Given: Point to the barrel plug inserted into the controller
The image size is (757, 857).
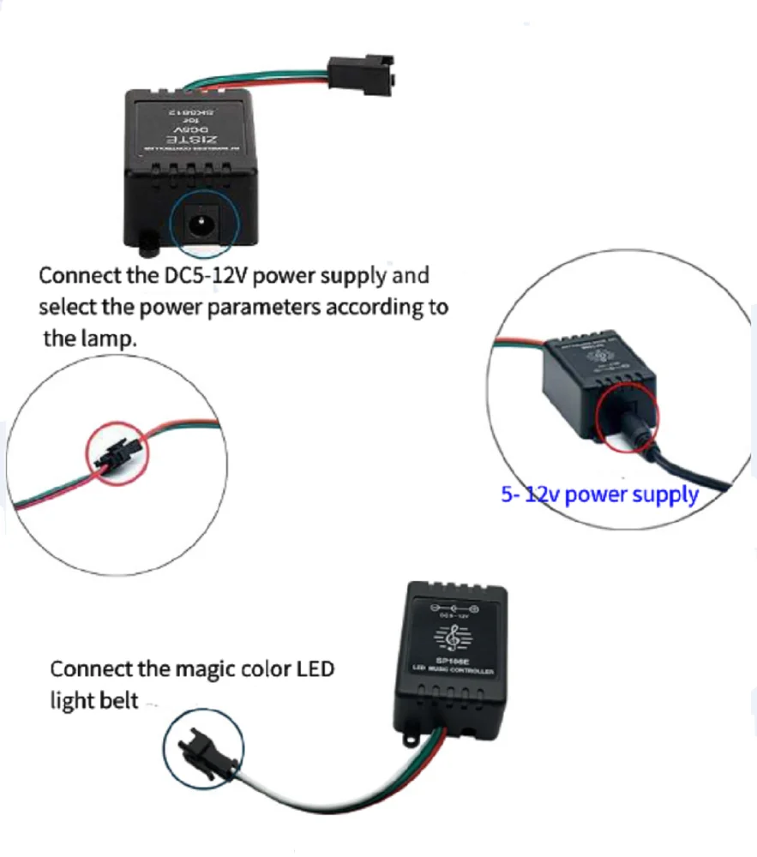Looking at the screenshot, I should (x=630, y=422).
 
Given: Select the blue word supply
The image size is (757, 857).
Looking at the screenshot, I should (x=665, y=494).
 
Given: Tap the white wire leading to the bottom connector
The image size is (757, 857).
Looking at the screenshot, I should (x=283, y=793).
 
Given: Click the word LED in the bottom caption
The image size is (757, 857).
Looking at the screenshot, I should (x=314, y=668).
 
